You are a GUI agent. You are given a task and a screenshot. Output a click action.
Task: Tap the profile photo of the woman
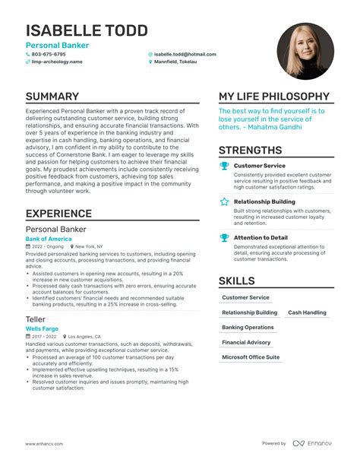305,51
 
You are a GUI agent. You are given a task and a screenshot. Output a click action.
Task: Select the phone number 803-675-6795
49,55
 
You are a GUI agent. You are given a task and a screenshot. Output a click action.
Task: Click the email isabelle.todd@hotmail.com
185,55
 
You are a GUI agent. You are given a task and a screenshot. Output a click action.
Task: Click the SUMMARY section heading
52,97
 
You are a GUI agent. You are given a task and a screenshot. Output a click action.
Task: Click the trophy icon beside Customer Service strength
224,165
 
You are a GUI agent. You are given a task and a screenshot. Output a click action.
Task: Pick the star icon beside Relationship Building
224,202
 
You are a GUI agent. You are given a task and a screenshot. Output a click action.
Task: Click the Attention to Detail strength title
261,238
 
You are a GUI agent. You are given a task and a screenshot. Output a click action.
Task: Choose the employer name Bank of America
48,239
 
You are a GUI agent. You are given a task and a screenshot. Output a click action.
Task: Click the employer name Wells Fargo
43,328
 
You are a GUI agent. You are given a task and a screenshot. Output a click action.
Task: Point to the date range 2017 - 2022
44,336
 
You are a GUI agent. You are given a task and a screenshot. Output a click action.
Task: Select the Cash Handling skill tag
307,312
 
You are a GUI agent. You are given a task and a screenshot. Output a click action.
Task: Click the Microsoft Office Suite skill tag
251,357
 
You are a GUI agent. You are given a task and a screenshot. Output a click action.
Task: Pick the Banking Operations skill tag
248,328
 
